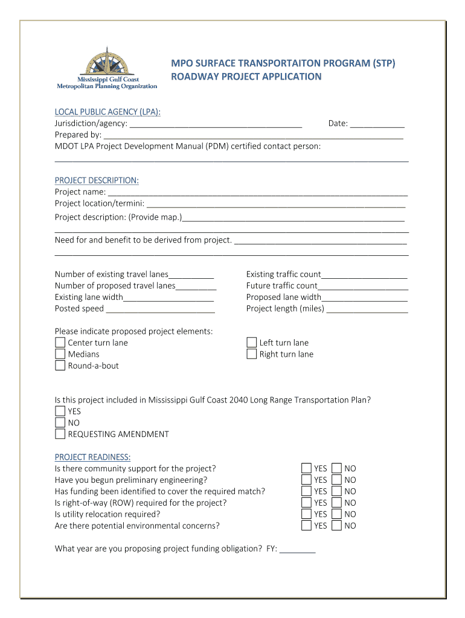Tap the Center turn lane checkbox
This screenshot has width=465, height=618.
coord(60,343)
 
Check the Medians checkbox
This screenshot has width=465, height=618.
coord(60,354)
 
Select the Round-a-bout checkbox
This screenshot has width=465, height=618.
coord(60,366)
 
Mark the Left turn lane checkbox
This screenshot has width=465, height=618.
coord(252,343)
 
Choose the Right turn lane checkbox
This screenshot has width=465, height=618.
coord(252,354)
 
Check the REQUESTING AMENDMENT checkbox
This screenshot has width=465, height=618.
coord(60,434)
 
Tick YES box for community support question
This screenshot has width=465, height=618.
coord(307,468)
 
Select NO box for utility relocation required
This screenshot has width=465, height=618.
coord(337,514)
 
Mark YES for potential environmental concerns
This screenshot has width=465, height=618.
coord(307,526)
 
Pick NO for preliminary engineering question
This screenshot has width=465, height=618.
coord(337,480)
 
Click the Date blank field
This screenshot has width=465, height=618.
coord(377,124)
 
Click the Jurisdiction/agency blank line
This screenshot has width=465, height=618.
coord(216,124)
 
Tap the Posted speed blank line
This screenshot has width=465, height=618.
coord(161,310)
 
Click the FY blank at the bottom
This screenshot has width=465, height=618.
coord(298,550)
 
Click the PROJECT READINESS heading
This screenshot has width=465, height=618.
coord(92,457)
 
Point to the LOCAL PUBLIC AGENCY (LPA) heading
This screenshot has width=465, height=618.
coord(107,112)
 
